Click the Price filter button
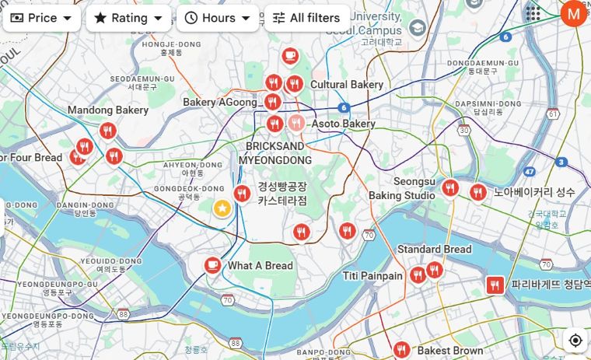point(41,18)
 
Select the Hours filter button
point(218,18)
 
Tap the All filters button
point(306,18)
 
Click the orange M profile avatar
point(574,12)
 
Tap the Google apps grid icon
point(533,13)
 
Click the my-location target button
point(575,341)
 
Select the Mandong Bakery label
point(107,110)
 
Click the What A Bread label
point(260,266)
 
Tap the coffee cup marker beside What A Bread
point(212,266)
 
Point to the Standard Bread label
point(434,250)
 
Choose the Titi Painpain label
point(372,276)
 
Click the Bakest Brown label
point(449,351)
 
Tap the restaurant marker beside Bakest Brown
point(401,350)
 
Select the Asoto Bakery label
point(343,124)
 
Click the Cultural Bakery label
point(346,85)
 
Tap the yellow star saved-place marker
point(222,208)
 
